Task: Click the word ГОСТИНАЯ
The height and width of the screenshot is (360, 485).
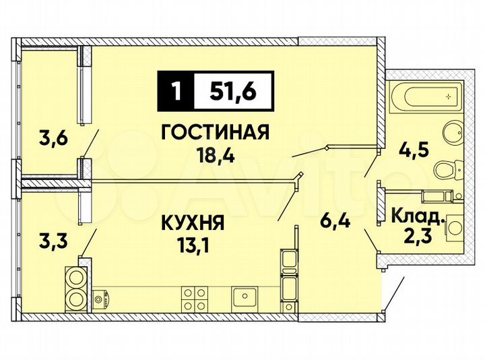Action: click(x=215, y=132)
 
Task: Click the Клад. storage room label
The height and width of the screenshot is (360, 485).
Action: click(x=418, y=218)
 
